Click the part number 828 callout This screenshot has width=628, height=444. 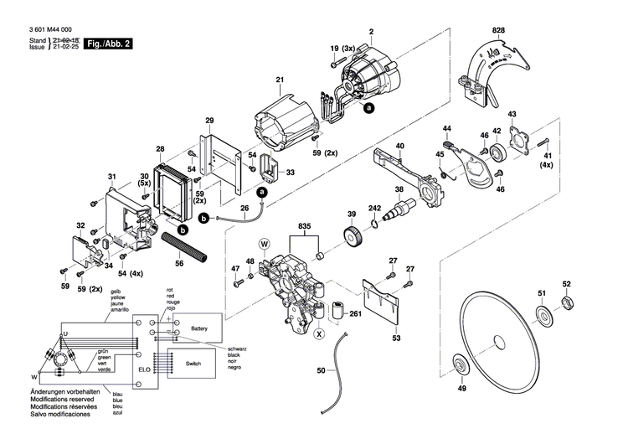tap(500, 31)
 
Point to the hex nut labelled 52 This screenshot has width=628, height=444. tap(566, 302)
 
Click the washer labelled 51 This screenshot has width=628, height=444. tap(543, 314)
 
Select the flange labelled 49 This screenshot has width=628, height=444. tap(461, 365)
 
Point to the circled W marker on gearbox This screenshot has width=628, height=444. tap(265, 245)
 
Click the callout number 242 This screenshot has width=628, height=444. tap(375, 209)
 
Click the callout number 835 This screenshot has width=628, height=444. tap(304, 226)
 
